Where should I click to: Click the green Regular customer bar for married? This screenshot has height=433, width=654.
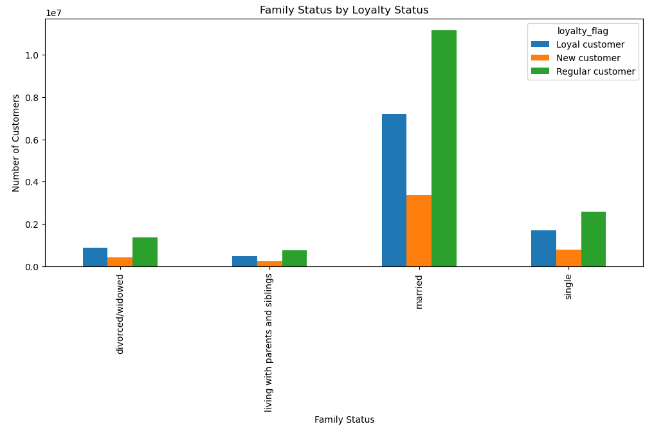(444, 148)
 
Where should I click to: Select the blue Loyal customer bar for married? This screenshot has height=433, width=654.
(394, 190)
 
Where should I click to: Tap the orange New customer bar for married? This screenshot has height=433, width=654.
(419, 230)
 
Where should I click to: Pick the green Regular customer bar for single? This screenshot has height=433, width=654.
(594, 239)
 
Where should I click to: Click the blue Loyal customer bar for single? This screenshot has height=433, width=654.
(543, 248)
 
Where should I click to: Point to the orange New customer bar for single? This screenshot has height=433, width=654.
(568, 258)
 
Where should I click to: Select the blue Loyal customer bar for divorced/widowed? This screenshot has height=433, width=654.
(95, 257)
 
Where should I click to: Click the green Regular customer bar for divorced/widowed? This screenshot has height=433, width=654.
(145, 252)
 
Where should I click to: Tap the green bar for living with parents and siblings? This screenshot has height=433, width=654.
(295, 259)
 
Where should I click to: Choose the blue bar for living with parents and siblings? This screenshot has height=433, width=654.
(244, 261)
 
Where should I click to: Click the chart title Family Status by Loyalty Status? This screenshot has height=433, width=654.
(344, 10)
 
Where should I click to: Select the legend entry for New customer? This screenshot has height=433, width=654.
(588, 58)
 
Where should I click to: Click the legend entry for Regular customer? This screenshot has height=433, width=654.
(595, 71)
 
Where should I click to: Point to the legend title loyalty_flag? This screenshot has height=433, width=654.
(583, 31)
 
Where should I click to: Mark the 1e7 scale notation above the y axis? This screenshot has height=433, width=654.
(53, 13)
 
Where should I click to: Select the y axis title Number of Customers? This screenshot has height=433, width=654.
(16, 143)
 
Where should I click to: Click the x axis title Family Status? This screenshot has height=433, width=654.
(344, 419)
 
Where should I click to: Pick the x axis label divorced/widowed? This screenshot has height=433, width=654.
(120, 313)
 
